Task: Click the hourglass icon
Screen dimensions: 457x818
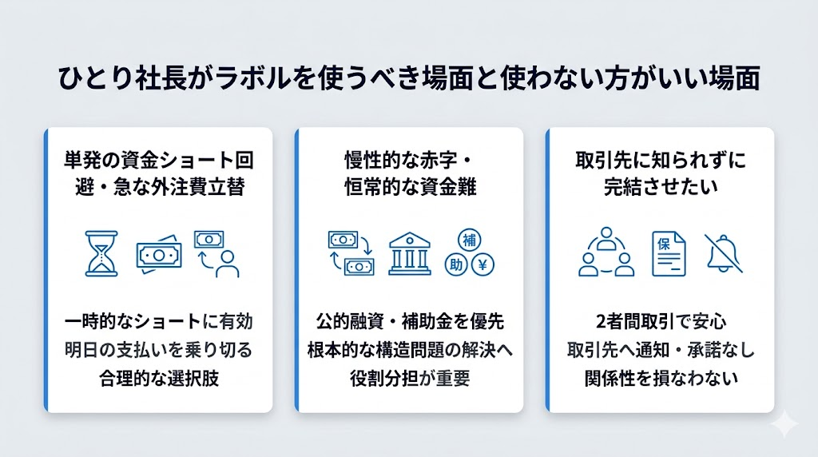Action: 101,253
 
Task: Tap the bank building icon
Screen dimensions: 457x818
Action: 410,254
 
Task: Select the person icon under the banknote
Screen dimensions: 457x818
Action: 227,263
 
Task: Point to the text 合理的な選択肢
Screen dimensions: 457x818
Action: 158,378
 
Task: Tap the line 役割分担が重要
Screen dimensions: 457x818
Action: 409,378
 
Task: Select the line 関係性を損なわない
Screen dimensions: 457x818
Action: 660,378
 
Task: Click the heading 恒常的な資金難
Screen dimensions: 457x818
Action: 409,187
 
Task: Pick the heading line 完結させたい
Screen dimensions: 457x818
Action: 660,187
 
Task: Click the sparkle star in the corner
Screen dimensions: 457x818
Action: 785,425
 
